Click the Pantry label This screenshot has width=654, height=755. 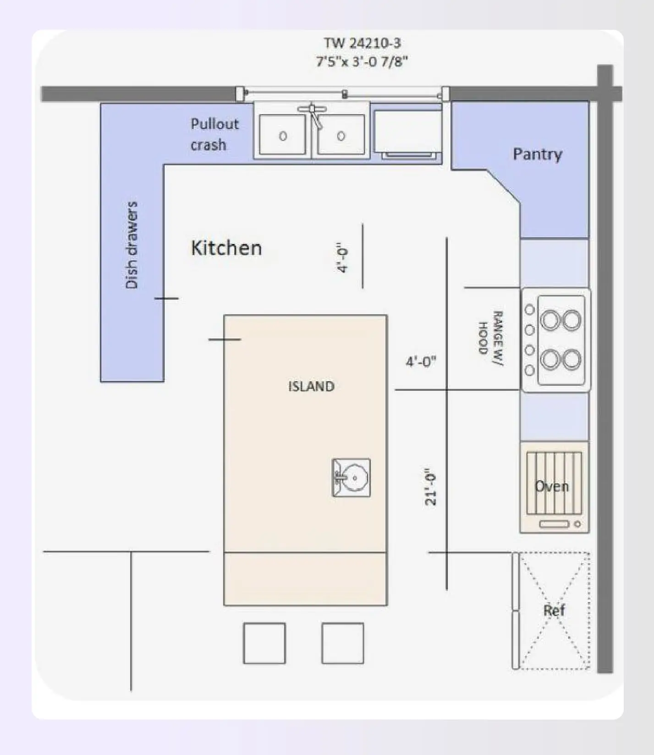(x=537, y=154)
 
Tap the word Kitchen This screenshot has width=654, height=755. (x=226, y=248)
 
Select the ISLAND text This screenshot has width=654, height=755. (x=311, y=386)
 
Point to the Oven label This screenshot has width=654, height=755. (x=552, y=486)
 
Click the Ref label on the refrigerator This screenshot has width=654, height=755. (x=554, y=611)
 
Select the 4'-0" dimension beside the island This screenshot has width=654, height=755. (x=421, y=362)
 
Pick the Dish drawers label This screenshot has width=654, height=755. (x=132, y=245)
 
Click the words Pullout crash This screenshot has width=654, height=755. (x=214, y=134)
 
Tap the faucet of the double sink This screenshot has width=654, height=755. (x=313, y=112)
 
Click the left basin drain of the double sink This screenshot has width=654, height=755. (x=283, y=136)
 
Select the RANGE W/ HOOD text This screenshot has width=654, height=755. (x=490, y=338)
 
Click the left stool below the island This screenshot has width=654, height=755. (x=264, y=643)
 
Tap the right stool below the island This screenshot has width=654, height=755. (x=342, y=643)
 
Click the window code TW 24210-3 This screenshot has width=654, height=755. (x=362, y=43)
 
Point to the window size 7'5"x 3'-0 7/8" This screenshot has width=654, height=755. (x=362, y=61)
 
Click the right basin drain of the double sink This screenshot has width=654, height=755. (x=341, y=136)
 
